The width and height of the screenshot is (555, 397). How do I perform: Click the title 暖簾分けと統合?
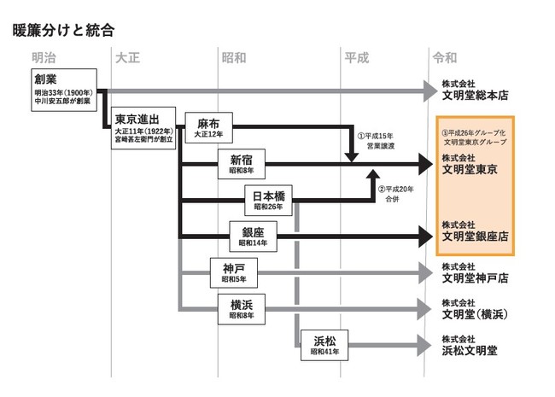click(64, 30)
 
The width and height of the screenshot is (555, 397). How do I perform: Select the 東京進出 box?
click(143, 125)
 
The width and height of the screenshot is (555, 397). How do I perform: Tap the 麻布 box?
click(208, 127)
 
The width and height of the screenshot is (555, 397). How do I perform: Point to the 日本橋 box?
click(269, 200)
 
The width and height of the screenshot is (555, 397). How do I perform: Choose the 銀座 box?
click(254, 236)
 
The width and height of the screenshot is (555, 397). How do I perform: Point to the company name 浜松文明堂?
click(470, 350)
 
